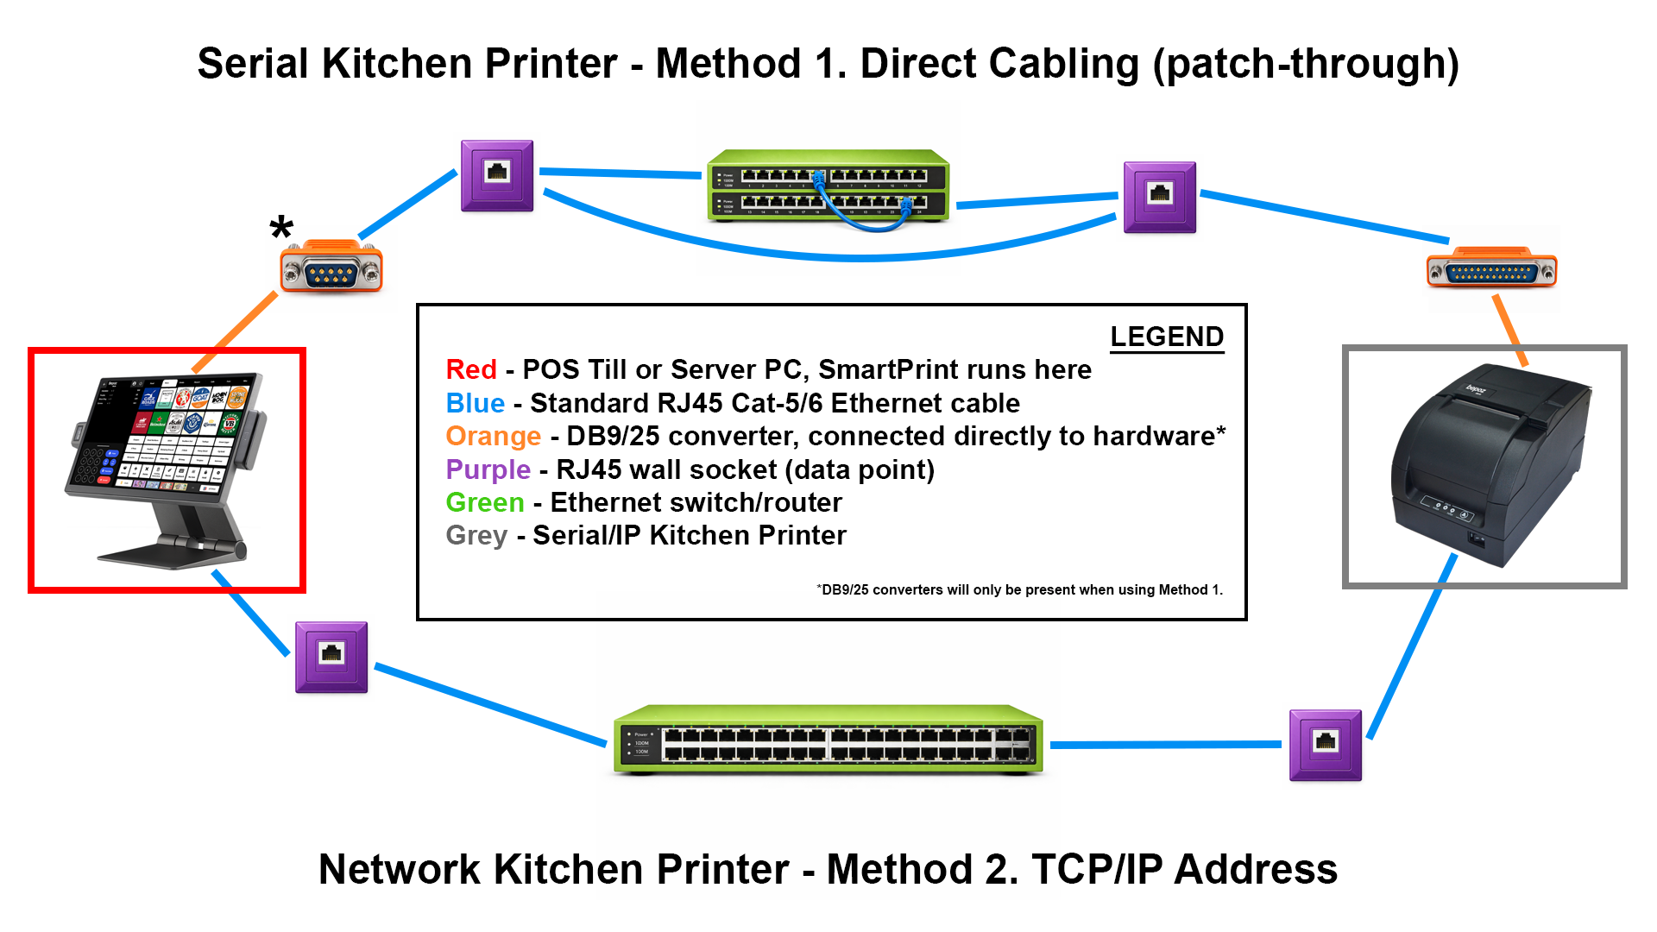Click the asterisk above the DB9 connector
pos(281,228)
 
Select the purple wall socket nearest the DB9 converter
pos(497,175)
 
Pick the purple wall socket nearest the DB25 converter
pos(1160,197)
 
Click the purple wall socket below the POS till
pos(331,657)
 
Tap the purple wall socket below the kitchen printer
pos(1326,745)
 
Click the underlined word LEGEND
pos(1167,337)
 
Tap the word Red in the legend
pos(471,369)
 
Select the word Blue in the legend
pos(476,403)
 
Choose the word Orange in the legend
pos(493,436)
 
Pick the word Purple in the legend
pos(488,469)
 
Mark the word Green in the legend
pos(485,502)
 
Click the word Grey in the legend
pos(476,535)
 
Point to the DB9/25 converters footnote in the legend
pos(1019,589)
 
